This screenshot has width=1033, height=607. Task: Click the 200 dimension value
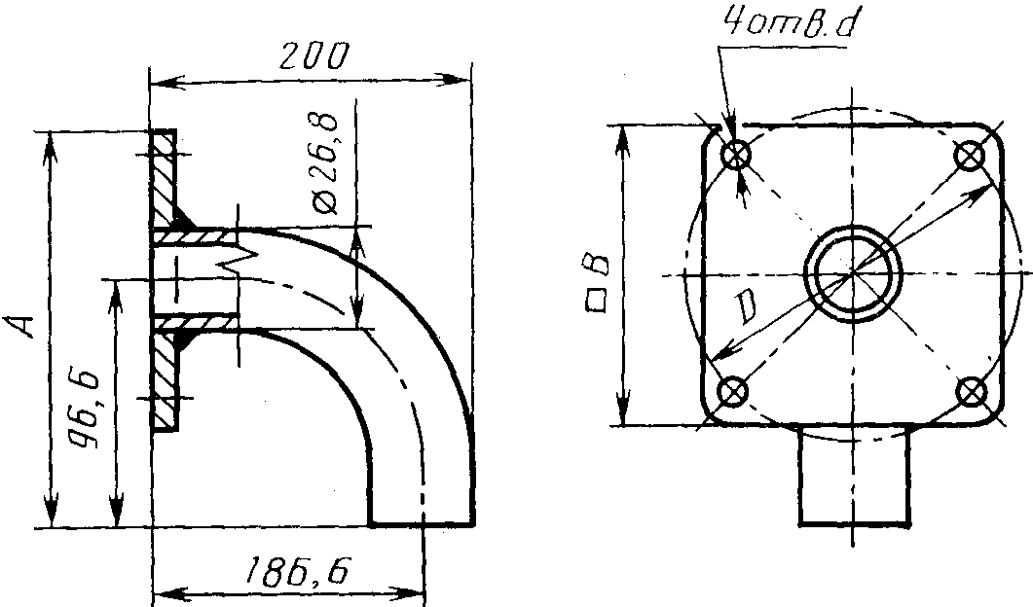[313, 57]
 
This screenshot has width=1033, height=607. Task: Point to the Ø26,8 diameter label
[325, 164]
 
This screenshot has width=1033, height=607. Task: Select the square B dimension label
[598, 284]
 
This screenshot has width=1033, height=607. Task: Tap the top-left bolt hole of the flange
[735, 156]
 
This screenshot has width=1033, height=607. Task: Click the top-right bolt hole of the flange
[969, 156]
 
